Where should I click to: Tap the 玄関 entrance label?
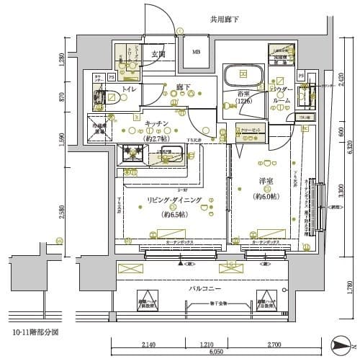pyautogui.click(x=159, y=53)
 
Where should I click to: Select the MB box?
pyautogui.click(x=196, y=52)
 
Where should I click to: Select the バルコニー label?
pyautogui.click(x=204, y=288)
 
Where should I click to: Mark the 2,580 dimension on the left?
pyautogui.click(x=63, y=210)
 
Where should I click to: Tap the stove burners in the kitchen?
pyautogui.click(x=132, y=154)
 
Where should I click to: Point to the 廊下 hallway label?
pyautogui.click(x=183, y=88)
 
